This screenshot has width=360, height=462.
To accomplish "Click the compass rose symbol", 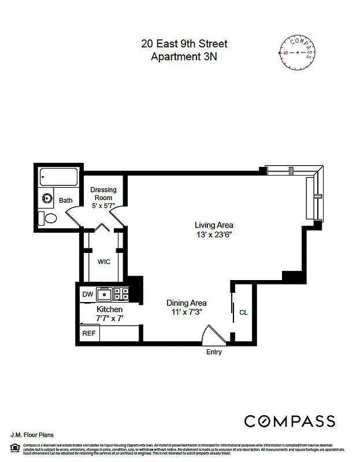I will tap(298, 52).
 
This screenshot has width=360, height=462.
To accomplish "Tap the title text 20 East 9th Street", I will tap(184, 44).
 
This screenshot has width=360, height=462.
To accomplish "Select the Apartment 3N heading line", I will tap(184, 57).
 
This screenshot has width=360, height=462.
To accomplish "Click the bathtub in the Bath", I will tap(58, 177).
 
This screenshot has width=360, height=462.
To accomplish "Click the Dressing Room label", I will tap(103, 193).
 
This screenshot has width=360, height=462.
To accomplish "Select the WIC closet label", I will tap(104, 262).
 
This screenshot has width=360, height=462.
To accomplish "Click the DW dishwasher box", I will tap(87, 295).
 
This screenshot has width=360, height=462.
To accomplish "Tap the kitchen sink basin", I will tap(105, 295).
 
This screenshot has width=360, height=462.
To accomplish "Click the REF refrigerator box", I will tap(89, 333).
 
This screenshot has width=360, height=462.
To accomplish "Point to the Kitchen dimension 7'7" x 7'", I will tap(109, 318).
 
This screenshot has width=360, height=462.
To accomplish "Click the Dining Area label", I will tap(186, 303).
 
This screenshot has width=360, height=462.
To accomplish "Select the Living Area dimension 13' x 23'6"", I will tap(214, 234).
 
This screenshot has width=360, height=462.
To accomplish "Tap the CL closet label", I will tap(243, 312).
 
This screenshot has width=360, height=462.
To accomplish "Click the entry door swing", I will tap(211, 336).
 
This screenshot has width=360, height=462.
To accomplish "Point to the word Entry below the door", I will tap(214, 352).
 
